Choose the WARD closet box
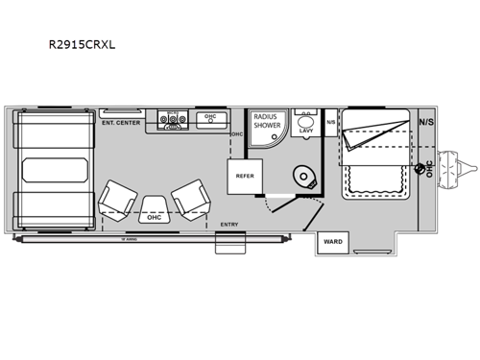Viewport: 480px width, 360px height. click(x=332, y=241)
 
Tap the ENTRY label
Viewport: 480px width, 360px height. click(x=228, y=224)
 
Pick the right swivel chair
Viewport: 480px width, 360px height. click(x=189, y=199)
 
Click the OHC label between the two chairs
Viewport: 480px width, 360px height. click(x=155, y=217)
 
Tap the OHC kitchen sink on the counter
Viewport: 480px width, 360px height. click(x=209, y=120)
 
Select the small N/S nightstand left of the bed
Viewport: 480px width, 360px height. click(x=331, y=122)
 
